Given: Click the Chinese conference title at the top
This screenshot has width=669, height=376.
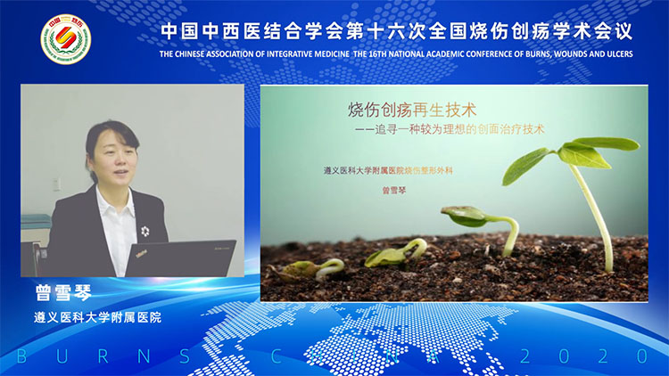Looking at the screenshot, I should click(x=396, y=31).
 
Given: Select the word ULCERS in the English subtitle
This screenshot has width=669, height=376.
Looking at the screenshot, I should click(x=612, y=53).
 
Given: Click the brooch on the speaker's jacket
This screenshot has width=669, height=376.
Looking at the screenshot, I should click(x=145, y=231).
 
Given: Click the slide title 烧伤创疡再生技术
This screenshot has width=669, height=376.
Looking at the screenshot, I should click(x=412, y=110).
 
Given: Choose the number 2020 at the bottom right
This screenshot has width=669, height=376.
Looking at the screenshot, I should click(x=580, y=356).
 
